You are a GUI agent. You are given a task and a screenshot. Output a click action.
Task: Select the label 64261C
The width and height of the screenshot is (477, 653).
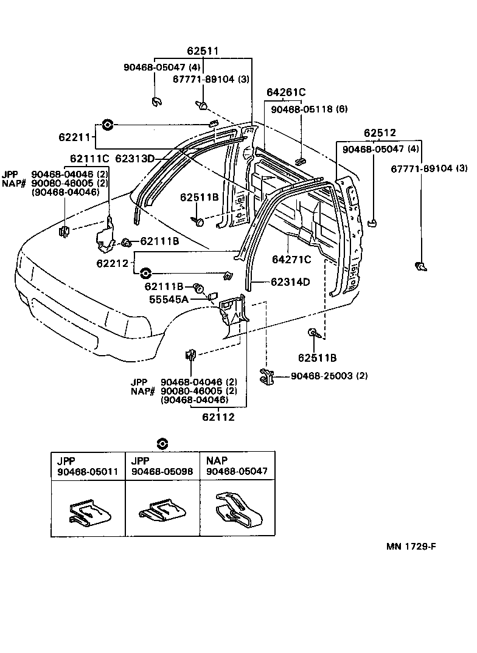point(285,92)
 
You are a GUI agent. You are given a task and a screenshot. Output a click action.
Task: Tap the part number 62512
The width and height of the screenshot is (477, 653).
point(380,133)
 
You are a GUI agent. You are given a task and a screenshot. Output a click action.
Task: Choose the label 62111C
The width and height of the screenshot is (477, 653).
point(89,159)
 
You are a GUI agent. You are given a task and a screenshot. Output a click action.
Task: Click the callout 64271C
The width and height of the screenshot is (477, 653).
point(291,260)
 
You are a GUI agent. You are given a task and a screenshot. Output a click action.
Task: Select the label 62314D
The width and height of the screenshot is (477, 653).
point(290,282)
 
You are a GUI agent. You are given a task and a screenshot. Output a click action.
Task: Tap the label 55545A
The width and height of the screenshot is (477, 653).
point(169,299)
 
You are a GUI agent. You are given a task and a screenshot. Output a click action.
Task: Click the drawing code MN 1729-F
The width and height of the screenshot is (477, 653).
point(411,545)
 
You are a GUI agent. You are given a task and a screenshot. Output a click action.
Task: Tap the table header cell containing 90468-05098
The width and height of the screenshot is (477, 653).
point(162,466)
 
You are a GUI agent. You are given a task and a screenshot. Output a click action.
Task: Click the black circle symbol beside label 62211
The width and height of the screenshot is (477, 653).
point(107,125)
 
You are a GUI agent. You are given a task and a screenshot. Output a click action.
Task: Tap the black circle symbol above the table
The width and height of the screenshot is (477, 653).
point(162,443)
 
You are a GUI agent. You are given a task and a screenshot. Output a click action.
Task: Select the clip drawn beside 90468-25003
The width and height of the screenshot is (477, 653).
point(266,376)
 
